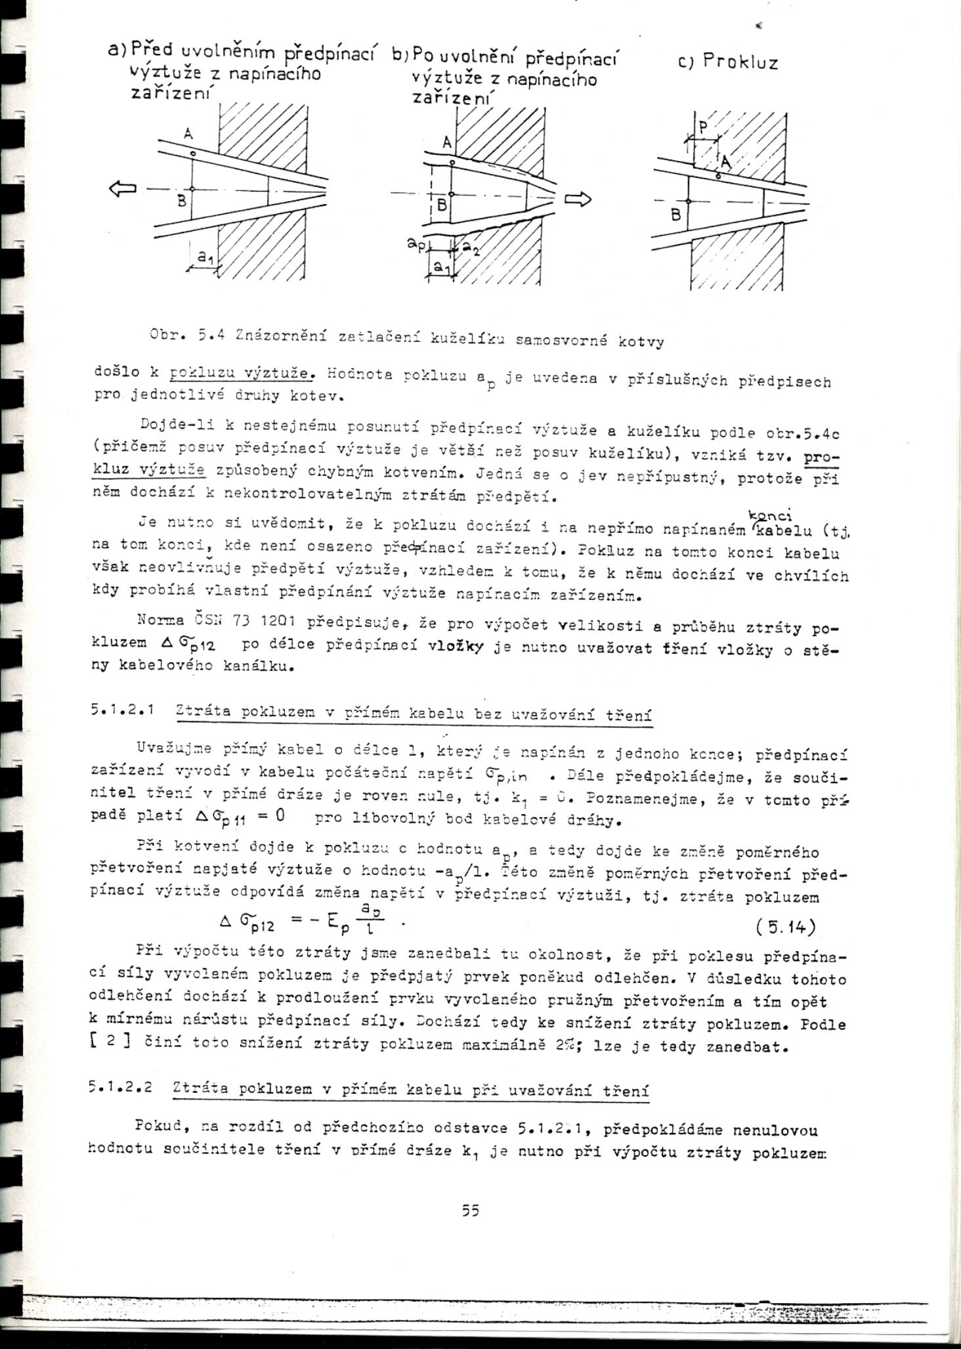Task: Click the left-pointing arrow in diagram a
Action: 122,189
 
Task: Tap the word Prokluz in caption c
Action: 740,63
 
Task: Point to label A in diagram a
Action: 188,135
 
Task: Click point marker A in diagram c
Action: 718,176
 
